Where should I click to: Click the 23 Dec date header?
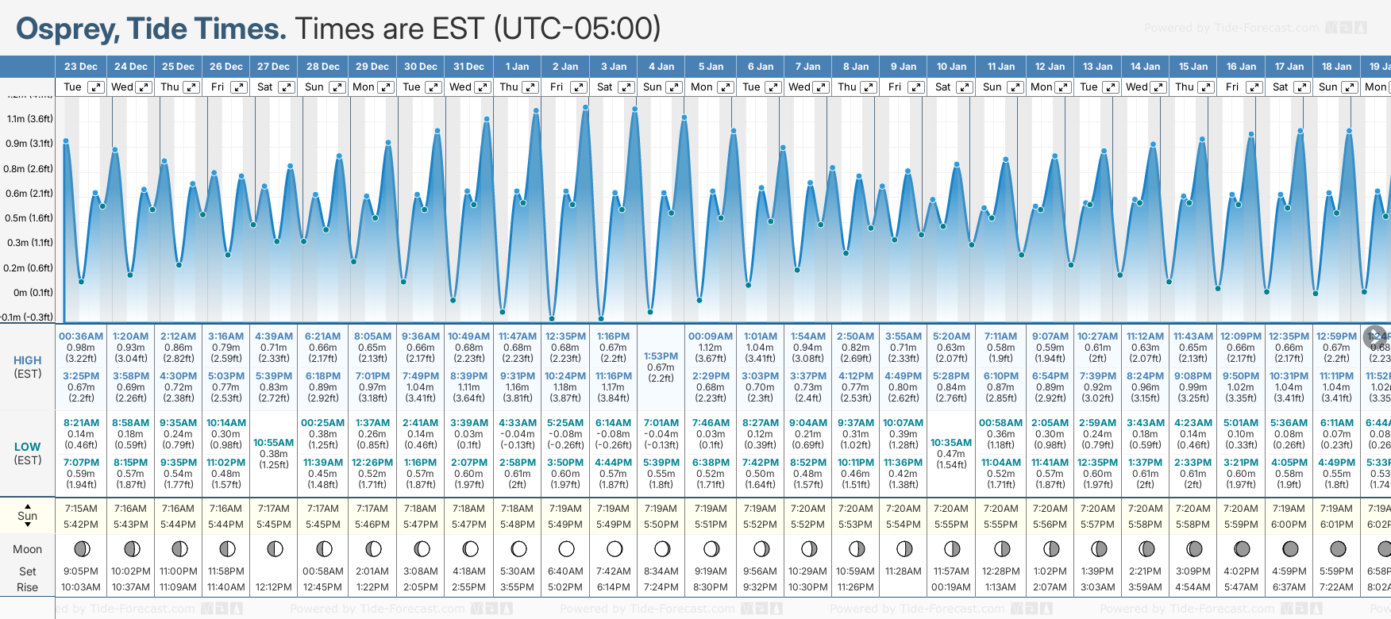coord(80,67)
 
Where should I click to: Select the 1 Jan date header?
coord(517,67)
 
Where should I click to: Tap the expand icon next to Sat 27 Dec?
coord(287,87)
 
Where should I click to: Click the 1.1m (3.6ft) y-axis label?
coord(30,119)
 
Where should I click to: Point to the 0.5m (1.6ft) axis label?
coord(30,218)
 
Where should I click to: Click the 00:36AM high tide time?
coord(81,336)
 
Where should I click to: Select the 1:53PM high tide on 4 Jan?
coord(661,356)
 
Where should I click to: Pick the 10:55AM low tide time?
coord(274,443)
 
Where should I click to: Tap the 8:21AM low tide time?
coord(81,423)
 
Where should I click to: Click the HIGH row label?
coord(28,360)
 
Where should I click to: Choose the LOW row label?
coord(28,447)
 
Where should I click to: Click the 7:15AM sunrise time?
coord(81,509)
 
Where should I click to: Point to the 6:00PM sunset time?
coord(1289,525)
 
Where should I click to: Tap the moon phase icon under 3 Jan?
coord(614,549)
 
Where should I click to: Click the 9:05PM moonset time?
coord(81,571)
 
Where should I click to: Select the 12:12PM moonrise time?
coord(274,587)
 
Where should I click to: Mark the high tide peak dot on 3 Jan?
coord(635,109)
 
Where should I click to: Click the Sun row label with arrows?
coord(28,516)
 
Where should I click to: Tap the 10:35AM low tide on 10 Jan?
coord(951,443)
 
